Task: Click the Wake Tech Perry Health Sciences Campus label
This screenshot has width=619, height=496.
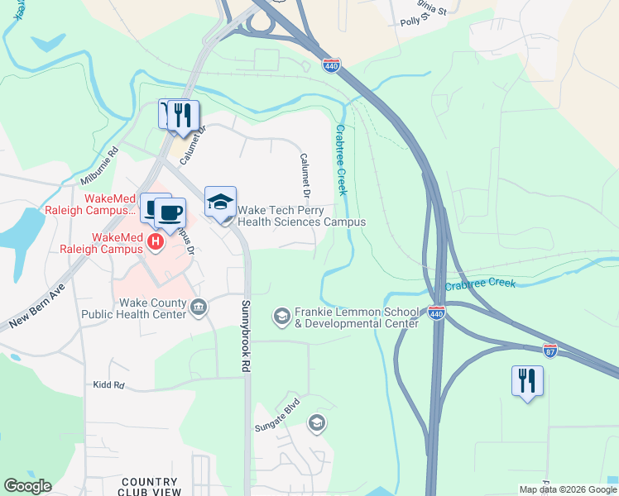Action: pos(301,217)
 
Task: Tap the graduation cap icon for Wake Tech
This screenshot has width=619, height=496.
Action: pos(220,203)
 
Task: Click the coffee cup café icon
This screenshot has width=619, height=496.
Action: pos(170,213)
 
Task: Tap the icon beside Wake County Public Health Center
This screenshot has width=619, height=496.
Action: pos(199,308)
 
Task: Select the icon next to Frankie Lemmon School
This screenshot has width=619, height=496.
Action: pos(281,316)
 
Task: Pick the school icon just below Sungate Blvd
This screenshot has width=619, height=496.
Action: pos(315,424)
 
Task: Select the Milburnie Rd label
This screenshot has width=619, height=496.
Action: pos(99,166)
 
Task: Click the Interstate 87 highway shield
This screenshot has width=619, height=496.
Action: pos(550,351)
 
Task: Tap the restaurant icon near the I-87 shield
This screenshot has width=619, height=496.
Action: pos(527,381)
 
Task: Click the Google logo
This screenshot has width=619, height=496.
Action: pos(27,486)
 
